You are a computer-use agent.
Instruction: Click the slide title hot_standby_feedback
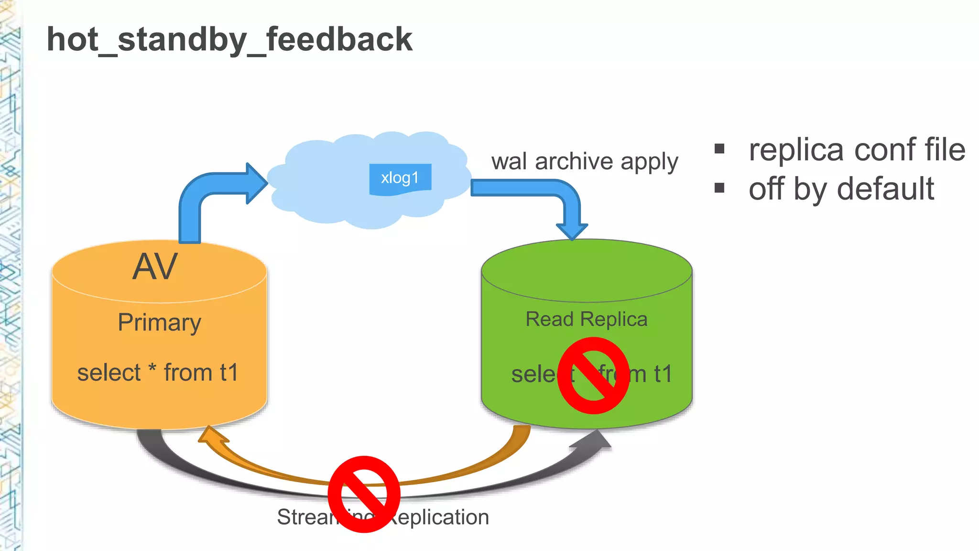(229, 40)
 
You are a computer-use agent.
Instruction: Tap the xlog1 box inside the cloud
(400, 178)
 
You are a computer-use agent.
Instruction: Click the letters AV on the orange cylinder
(155, 267)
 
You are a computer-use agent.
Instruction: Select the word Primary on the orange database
(159, 323)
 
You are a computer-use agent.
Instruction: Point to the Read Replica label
(586, 320)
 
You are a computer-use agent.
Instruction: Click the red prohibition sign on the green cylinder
(593, 375)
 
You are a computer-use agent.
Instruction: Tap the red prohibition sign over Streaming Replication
(364, 494)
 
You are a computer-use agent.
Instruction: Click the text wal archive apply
(584, 162)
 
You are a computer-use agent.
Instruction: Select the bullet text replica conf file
(857, 150)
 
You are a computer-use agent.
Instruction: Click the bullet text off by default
(841, 189)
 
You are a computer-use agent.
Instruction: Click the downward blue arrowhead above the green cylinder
(572, 231)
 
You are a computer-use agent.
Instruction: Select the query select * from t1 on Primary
(158, 373)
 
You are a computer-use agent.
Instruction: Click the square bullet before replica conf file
(719, 149)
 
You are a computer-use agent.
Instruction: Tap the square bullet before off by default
(719, 188)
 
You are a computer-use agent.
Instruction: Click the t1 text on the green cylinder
(663, 374)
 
